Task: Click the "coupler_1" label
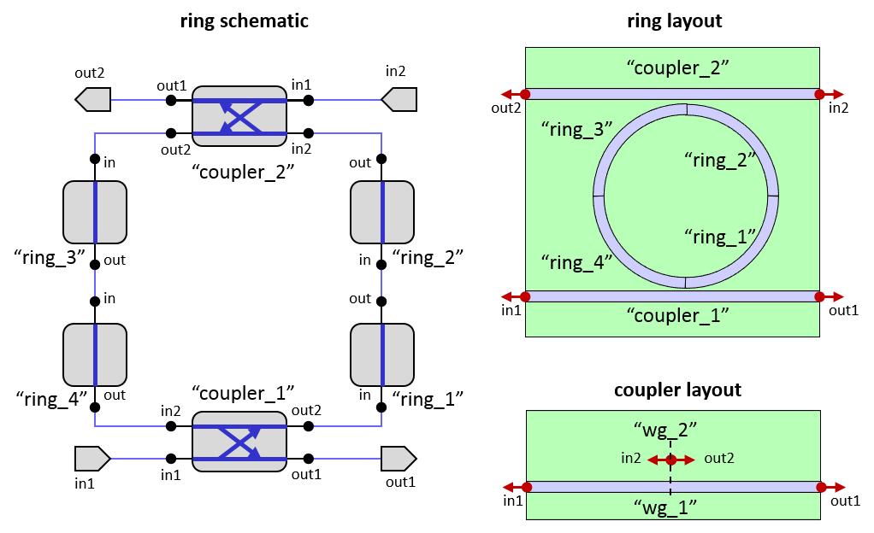pos(672,315)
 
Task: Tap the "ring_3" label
pos(577,130)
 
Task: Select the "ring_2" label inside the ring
pos(722,159)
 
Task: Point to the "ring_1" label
pos(721,236)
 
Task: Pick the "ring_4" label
pos(577,262)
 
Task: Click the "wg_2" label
pos(670,430)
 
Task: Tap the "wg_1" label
pos(670,507)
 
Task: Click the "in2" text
pos(631,459)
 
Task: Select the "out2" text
pos(719,459)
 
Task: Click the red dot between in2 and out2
pos(671,460)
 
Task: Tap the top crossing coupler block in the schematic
pos(239,116)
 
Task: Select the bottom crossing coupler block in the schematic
pos(239,442)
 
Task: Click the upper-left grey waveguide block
pos(95,212)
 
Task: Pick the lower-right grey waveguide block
pos(382,354)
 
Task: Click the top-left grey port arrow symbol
pos(93,100)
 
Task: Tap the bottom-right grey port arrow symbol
pos(398,459)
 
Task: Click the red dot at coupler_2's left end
pos(525,94)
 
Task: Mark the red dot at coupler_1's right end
pos(820,296)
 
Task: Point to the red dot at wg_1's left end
pos(526,487)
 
